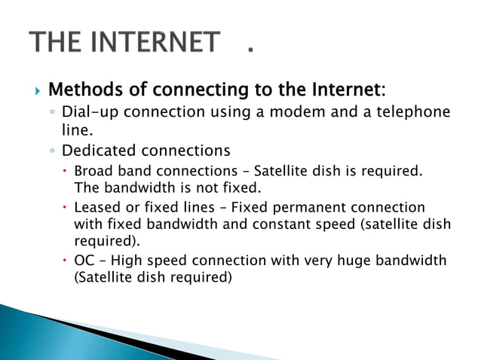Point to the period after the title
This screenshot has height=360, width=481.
point(250,52)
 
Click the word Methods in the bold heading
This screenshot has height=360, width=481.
point(84,91)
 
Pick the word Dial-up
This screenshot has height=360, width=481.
point(90,113)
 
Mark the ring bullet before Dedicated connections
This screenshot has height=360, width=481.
point(52,150)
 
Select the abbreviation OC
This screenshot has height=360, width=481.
point(83,261)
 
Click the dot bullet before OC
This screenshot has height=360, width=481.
point(65,261)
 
